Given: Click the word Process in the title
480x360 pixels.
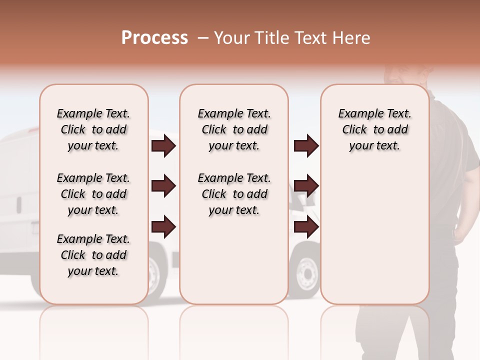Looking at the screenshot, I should pos(154,38).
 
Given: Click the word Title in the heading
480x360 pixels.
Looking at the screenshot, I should pos(272,38).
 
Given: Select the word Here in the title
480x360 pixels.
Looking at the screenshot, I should pos(352,38).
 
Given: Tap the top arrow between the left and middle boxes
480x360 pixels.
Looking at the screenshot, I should pos(163,146).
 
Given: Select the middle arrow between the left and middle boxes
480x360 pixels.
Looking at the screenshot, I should pos(163,186).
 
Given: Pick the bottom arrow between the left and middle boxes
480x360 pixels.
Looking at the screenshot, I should pos(163,227).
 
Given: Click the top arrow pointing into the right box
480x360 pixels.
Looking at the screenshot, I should pos(306,146).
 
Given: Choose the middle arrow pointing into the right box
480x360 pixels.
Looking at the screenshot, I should pos(306,186).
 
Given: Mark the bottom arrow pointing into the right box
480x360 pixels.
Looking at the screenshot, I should pos(306,227).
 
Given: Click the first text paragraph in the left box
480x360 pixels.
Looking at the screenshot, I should pos(93,129).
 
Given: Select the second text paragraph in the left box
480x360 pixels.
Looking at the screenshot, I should pos(93,194).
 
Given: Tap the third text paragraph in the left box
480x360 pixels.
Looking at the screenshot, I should pos(93,255).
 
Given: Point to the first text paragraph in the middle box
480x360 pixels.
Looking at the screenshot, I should pos(234,129).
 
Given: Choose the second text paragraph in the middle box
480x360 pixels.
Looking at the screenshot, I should pos(234,194).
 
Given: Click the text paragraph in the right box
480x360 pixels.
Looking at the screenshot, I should pos(374,129).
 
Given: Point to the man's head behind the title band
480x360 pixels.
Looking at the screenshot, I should pos(405,75).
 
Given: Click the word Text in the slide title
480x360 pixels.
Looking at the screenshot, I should pos(310,38).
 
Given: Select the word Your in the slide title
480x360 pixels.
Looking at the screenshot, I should pos(231,38).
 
